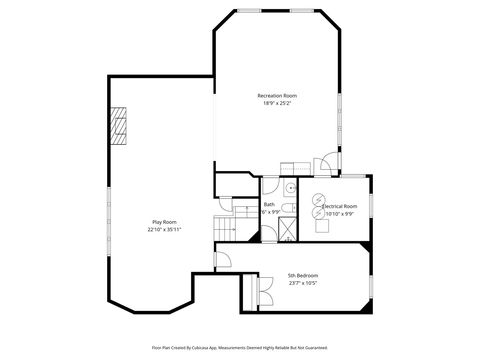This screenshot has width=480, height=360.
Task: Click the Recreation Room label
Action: coord(277,95)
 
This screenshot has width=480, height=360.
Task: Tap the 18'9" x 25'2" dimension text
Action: coord(277,103)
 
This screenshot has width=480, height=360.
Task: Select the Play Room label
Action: coord(164,221)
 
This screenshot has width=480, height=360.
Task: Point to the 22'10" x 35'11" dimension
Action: coord(164,229)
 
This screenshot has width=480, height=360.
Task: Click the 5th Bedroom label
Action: coord(303,275)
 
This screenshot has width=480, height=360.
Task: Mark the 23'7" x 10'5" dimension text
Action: coord(303,283)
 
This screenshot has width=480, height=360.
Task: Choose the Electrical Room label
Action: coord(340,206)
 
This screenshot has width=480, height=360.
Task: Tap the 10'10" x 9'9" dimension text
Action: coord(340,214)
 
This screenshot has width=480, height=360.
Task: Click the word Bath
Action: coord(269,204)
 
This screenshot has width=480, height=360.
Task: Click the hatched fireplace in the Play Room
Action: coord(121,128)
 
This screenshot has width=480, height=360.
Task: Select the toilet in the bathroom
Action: coord(287,208)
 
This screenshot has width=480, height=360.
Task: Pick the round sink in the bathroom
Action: coord(288,187)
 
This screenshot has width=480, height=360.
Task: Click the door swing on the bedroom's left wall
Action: coord(225,261)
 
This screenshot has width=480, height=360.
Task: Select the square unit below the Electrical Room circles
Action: coord(322,225)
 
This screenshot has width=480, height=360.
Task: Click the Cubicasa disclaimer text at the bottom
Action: coord(240,347)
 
